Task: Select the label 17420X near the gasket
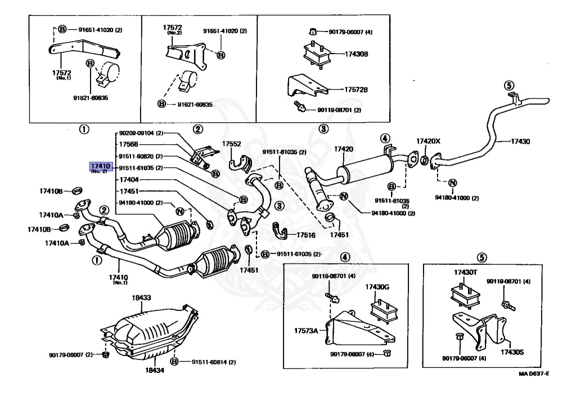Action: pyautogui.click(x=429, y=141)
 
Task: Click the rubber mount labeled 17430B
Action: pyautogui.click(x=315, y=55)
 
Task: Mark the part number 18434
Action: pyautogui.click(x=154, y=370)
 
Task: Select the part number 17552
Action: pyautogui.click(x=232, y=144)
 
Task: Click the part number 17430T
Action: pyautogui.click(x=466, y=273)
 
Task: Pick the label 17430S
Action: pyautogui.click(x=512, y=352)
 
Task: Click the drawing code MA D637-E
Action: pyautogui.click(x=533, y=374)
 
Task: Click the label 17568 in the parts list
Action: pyautogui.click(x=129, y=145)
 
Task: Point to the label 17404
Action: pyautogui.click(x=129, y=179)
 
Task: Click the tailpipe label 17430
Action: pyautogui.click(x=520, y=141)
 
